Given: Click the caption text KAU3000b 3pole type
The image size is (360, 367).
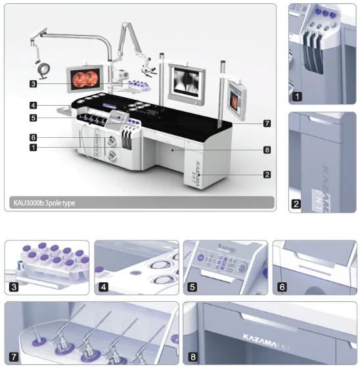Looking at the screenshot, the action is point(44,203).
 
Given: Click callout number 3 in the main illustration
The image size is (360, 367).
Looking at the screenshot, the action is point(34,84).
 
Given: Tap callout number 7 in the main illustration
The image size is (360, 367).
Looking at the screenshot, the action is point(267,123).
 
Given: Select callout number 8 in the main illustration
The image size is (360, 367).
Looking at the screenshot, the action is point(267,150).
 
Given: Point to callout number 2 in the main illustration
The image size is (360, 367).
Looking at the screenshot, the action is point(267,175).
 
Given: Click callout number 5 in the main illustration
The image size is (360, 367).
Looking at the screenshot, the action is point(34,118).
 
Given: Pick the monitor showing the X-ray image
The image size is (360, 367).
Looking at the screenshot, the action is point(187,84).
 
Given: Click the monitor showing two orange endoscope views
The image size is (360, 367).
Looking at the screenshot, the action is point(85,79).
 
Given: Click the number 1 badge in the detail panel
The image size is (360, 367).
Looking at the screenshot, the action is point(297,97).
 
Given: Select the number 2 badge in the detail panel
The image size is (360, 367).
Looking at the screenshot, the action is point(296,204).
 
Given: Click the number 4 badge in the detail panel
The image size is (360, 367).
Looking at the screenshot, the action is point(104,287).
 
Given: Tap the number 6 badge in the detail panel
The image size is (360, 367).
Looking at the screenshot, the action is point(282,287).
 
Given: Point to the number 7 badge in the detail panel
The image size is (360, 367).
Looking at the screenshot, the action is point(14,357).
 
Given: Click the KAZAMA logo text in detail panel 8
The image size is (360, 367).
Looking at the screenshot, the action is point(260,340).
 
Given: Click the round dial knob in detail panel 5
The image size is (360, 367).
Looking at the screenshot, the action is point(242,267).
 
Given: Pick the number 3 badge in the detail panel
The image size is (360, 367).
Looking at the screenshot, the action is point(14,287).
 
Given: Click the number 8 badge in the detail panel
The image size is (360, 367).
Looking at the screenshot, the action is point(192,357).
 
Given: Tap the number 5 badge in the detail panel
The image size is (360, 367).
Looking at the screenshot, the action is point(192,287).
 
